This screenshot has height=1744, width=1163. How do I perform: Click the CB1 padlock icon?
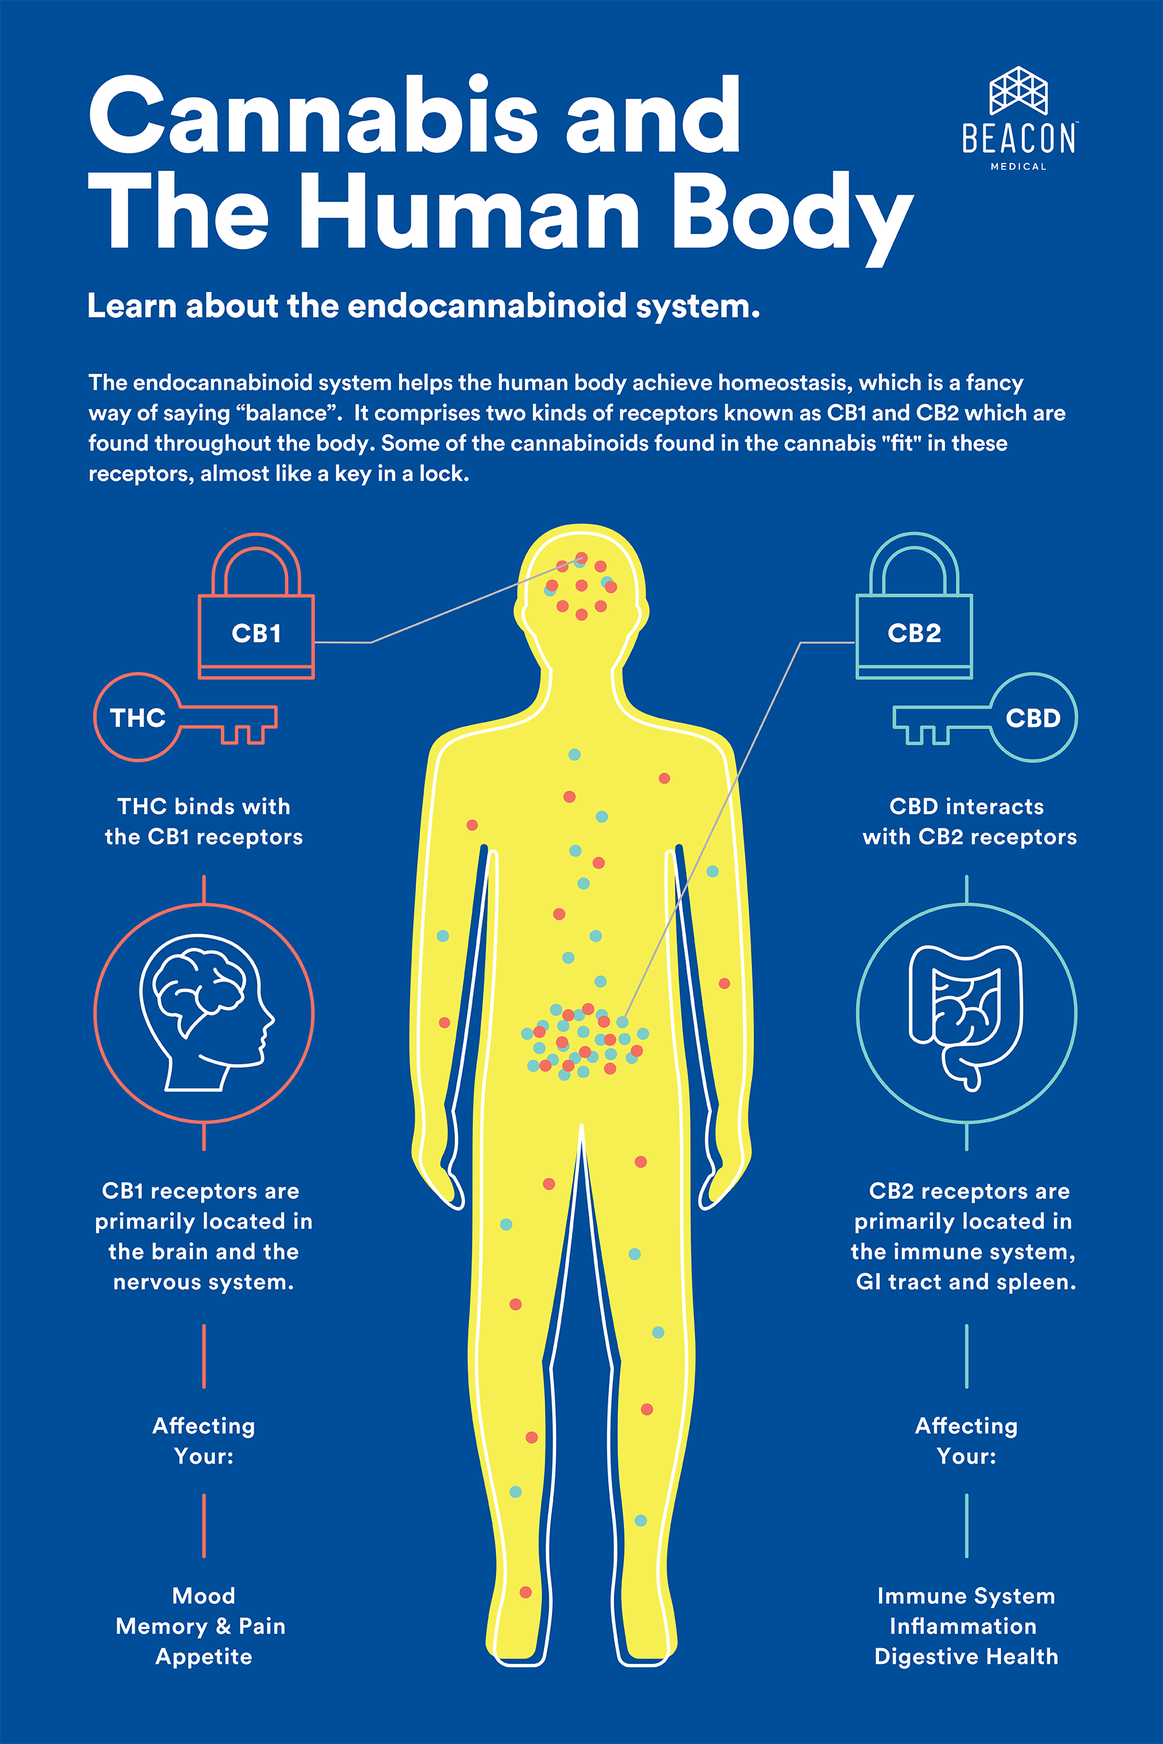[256, 608]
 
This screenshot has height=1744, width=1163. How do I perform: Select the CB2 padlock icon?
[914, 608]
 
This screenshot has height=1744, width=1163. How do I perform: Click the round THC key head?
[138, 717]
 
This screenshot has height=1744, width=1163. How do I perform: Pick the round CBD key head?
[1032, 717]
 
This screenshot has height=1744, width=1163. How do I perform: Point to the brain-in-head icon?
[204, 1013]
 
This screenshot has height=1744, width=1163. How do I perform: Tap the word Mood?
[204, 1595]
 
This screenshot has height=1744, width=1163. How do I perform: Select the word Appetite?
[204, 1656]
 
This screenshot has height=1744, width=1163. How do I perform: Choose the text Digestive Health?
[966, 1656]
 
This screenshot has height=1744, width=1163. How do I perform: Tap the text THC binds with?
[204, 806]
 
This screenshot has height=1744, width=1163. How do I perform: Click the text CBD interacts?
[966, 806]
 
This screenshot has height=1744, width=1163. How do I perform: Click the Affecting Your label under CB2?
[966, 1440]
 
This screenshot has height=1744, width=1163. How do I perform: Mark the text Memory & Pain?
[201, 1626]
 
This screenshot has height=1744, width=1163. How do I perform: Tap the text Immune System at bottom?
[966, 1595]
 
